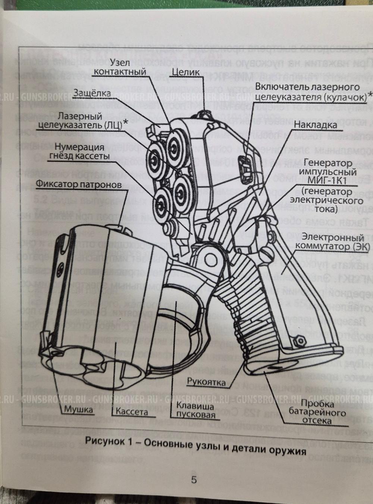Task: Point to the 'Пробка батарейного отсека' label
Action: [317, 413]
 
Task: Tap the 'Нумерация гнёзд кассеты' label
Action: [78, 151]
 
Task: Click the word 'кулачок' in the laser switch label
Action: [345, 97]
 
